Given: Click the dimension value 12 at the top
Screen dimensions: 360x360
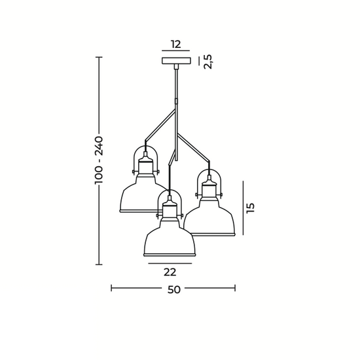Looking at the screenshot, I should pos(175,45).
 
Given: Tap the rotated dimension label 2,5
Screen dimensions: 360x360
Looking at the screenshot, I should pos(208,62).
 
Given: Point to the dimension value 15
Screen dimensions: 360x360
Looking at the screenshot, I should pos(250,207).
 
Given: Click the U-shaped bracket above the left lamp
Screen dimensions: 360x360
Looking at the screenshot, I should pos(145,155).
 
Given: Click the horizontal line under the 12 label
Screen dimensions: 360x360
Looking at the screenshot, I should pos(175,51).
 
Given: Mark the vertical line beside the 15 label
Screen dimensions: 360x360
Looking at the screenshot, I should pos(242,207).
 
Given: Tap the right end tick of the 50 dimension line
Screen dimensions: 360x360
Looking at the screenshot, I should pos(235,287).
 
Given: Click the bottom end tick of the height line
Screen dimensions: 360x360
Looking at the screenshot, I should pos(99,264).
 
